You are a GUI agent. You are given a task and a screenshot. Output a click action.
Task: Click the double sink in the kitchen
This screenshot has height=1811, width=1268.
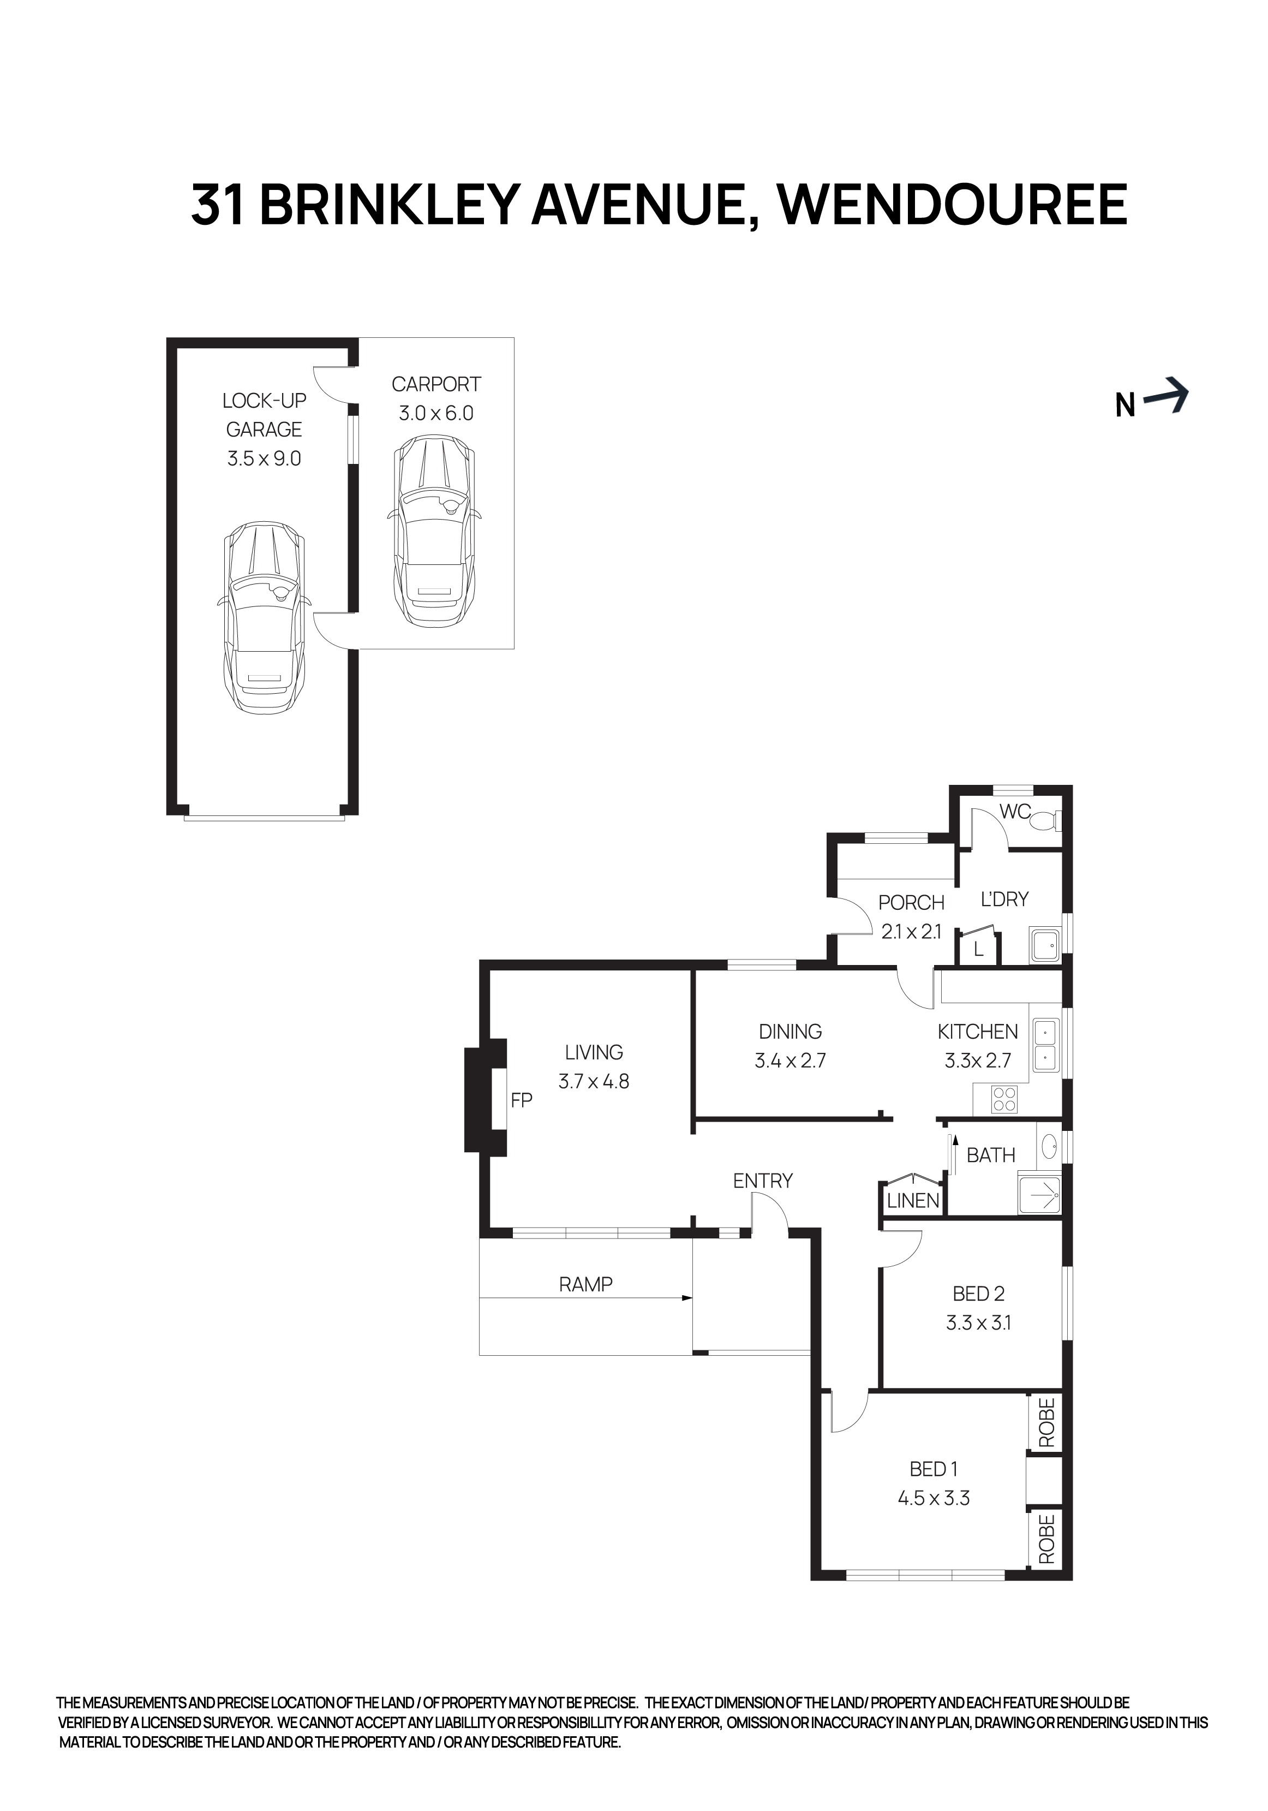tap(1045, 1045)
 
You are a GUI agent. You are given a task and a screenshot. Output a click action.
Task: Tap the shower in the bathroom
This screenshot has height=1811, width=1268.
tap(1039, 1196)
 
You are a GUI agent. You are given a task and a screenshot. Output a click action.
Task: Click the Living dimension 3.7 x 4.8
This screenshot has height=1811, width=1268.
tap(594, 1081)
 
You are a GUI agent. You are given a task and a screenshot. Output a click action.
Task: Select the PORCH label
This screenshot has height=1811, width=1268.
tap(911, 902)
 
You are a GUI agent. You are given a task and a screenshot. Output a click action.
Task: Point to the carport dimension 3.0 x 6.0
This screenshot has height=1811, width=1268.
tap(435, 413)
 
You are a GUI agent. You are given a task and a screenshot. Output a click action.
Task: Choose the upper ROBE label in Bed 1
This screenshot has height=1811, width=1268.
tap(1045, 1422)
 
